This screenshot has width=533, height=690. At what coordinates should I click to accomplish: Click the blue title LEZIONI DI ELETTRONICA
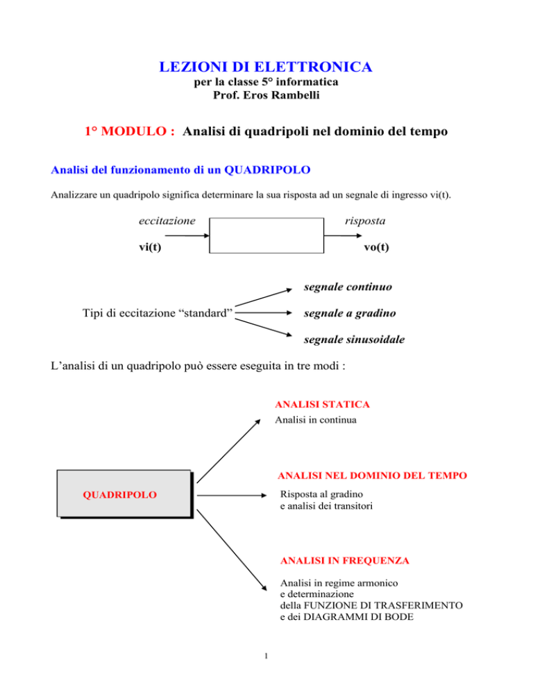click(265, 67)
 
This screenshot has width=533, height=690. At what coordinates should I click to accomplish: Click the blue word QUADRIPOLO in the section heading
click(267, 170)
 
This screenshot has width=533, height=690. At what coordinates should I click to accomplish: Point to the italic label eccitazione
click(167, 221)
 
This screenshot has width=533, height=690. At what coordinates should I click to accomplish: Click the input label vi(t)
click(150, 247)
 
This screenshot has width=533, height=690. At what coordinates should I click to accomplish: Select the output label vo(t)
click(376, 247)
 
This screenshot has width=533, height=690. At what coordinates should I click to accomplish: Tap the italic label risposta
click(365, 221)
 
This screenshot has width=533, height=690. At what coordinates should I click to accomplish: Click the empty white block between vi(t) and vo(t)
click(266, 235)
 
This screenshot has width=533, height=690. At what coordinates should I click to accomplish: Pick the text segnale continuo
click(348, 287)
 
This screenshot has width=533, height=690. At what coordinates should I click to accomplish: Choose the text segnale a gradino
click(350, 313)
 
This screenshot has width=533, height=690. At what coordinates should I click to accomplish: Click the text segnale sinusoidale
click(354, 339)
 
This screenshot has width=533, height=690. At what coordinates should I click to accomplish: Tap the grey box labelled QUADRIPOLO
click(125, 494)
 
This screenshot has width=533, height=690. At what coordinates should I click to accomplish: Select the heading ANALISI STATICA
click(322, 405)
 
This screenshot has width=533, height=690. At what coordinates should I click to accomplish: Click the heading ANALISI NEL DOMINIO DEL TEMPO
click(373, 476)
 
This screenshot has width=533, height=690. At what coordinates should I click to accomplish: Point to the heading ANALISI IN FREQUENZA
click(345, 561)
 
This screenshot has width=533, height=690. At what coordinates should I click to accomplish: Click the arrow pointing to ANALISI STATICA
click(228, 451)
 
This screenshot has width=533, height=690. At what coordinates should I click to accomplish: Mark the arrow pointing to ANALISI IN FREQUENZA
click(232, 550)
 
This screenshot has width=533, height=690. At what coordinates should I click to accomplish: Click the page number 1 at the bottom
click(266, 656)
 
